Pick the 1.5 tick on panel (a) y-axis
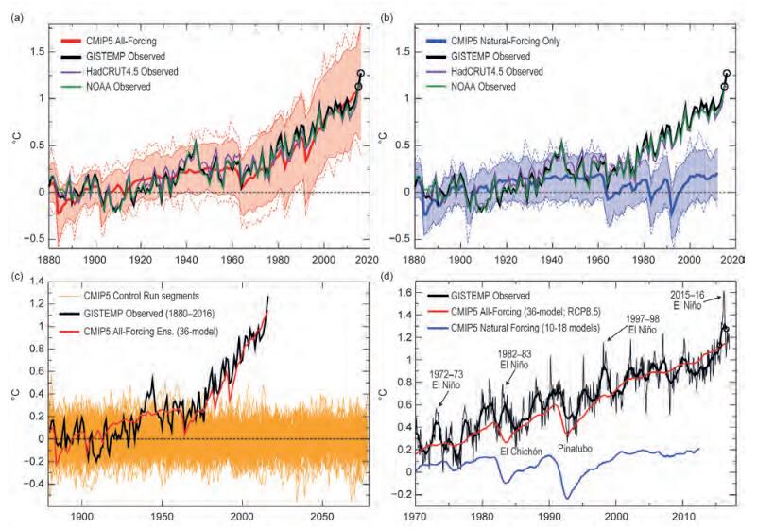point(34,51)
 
